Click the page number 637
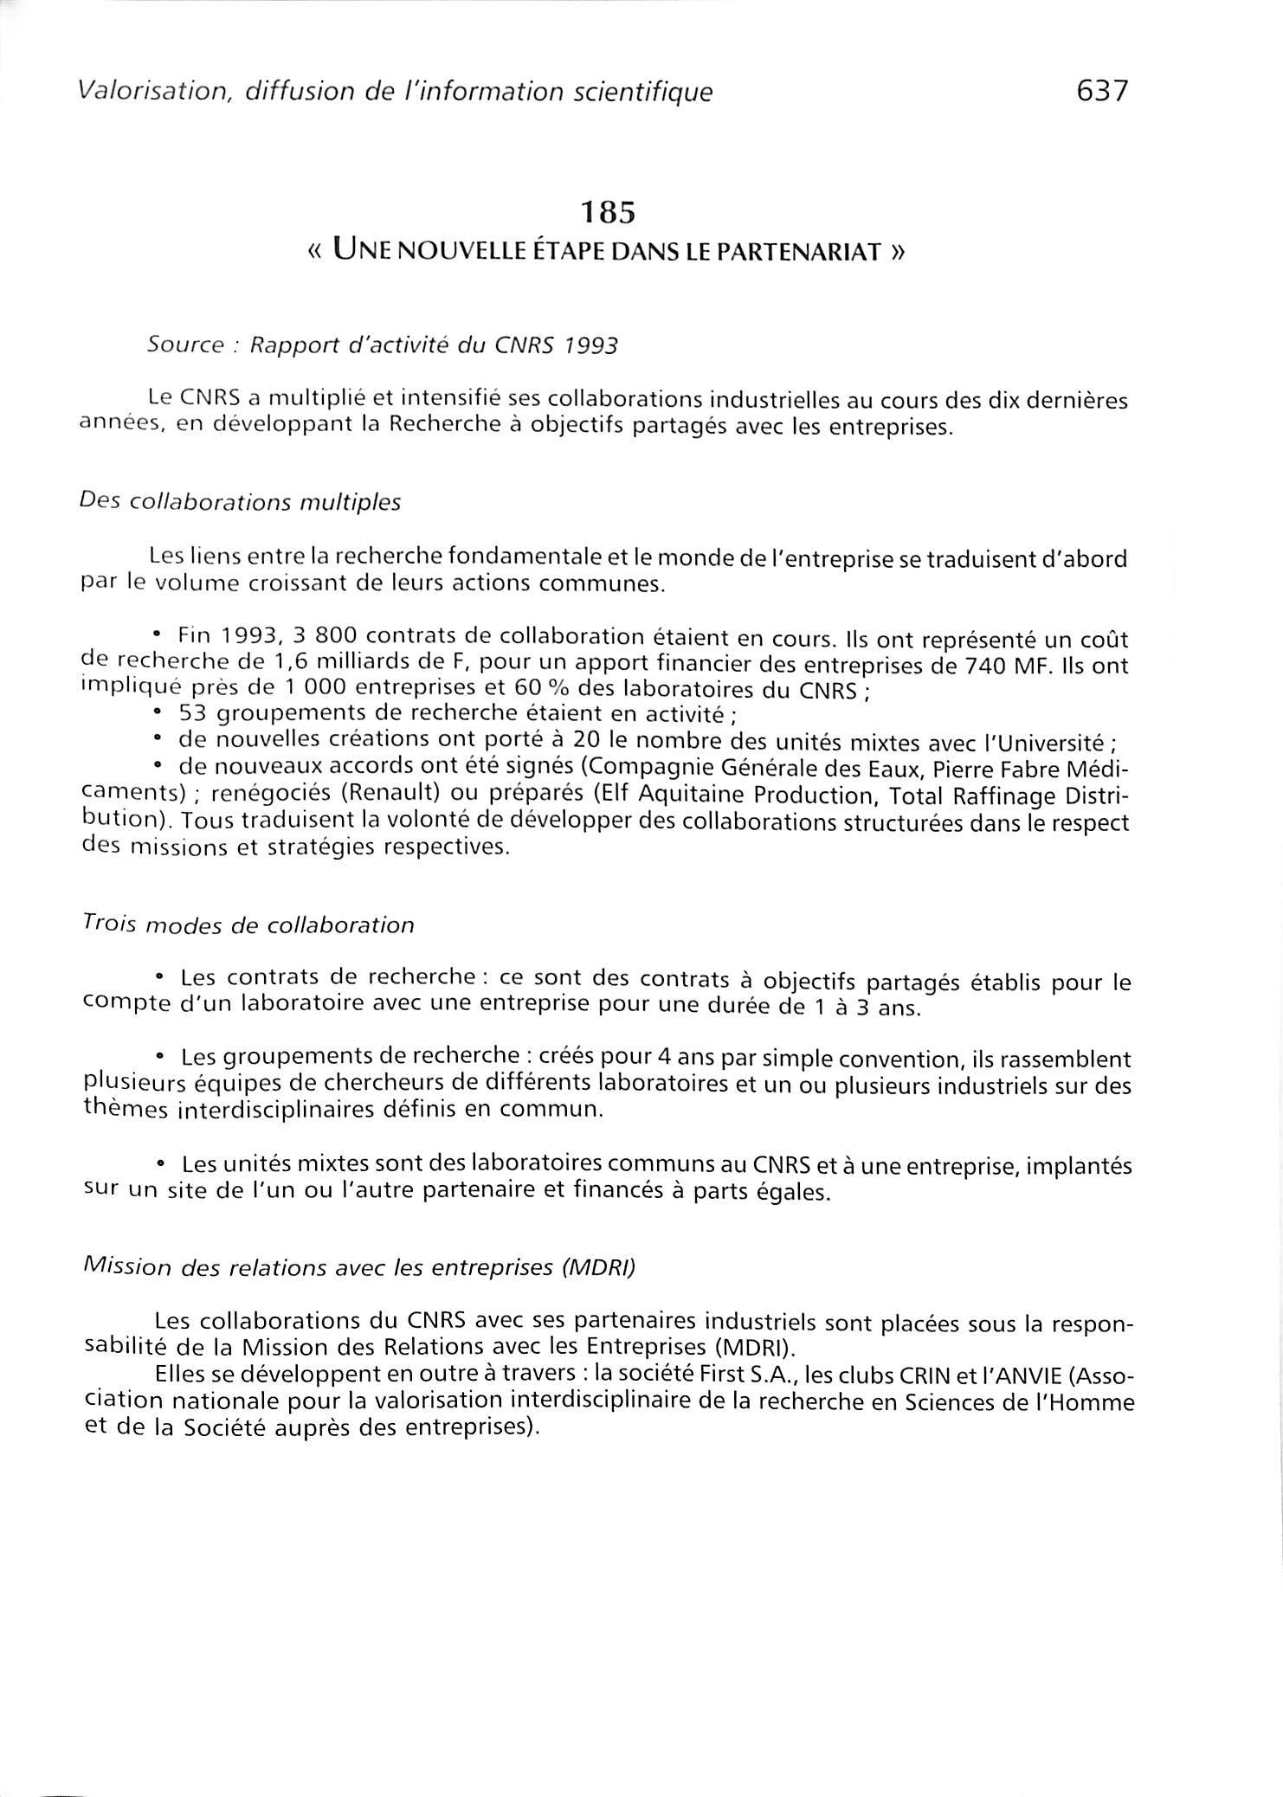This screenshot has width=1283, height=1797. coord(1102,90)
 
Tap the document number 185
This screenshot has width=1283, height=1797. coord(609,212)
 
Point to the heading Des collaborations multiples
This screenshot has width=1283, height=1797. coord(240,503)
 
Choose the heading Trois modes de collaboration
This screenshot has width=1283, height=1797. coord(248,925)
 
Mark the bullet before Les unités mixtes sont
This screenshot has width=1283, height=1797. coord(161,1163)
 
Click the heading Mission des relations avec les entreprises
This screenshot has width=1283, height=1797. coord(358,1268)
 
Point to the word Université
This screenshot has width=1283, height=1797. coord(1048,742)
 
